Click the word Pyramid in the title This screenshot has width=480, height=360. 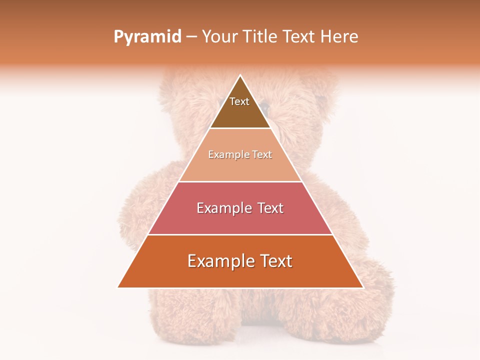(147, 37)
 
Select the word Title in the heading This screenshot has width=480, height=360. (260, 37)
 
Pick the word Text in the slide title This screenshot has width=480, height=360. (300, 37)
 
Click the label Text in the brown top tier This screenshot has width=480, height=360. (239, 102)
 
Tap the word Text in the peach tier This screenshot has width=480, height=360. (261, 155)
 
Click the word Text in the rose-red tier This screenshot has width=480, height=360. (268, 208)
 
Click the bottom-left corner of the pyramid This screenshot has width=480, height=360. (118, 287)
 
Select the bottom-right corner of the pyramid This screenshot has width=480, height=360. (363, 287)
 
